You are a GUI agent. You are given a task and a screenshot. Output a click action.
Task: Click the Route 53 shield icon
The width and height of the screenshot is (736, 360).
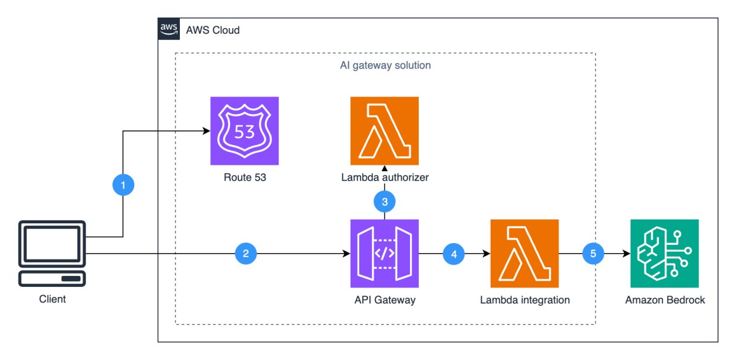point(244,131)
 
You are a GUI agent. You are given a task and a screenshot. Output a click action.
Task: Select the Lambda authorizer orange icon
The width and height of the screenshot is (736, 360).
point(384,131)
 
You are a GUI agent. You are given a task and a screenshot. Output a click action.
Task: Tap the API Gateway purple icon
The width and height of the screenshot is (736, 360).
point(384,254)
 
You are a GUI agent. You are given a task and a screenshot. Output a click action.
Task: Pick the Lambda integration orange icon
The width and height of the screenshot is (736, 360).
point(525,254)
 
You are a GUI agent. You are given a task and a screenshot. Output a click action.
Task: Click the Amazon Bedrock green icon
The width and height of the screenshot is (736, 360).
point(665,254)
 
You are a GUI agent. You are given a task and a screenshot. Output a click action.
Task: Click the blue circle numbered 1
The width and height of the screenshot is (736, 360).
point(123,186)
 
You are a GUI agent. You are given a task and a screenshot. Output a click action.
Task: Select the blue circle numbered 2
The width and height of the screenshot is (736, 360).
point(246,254)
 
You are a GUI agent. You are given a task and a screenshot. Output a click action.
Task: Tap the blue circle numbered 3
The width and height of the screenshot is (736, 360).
point(384,202)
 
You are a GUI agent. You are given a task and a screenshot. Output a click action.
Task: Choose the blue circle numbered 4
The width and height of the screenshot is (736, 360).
point(454,254)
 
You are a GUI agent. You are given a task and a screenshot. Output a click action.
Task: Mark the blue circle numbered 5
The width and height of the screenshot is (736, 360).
point(594,254)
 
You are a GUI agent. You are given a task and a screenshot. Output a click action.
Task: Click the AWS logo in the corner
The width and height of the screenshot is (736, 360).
point(168,29)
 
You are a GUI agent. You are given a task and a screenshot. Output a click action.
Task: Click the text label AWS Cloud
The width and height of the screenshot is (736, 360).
point(213,30)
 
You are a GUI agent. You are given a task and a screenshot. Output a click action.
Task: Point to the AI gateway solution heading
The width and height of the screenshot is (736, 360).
point(386,65)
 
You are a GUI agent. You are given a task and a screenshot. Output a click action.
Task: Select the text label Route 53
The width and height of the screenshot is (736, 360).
point(244,177)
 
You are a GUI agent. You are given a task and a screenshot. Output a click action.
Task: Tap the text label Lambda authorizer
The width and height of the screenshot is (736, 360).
point(384,177)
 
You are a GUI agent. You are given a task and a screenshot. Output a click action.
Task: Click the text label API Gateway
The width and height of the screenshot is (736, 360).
point(384,300)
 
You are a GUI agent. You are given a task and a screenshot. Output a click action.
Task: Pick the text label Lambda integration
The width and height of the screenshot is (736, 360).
point(525,300)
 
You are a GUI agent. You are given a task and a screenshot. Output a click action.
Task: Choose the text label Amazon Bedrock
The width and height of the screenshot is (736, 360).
point(665,300)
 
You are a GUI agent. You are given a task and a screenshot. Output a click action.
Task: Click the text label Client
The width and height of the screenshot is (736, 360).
point(52,300)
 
